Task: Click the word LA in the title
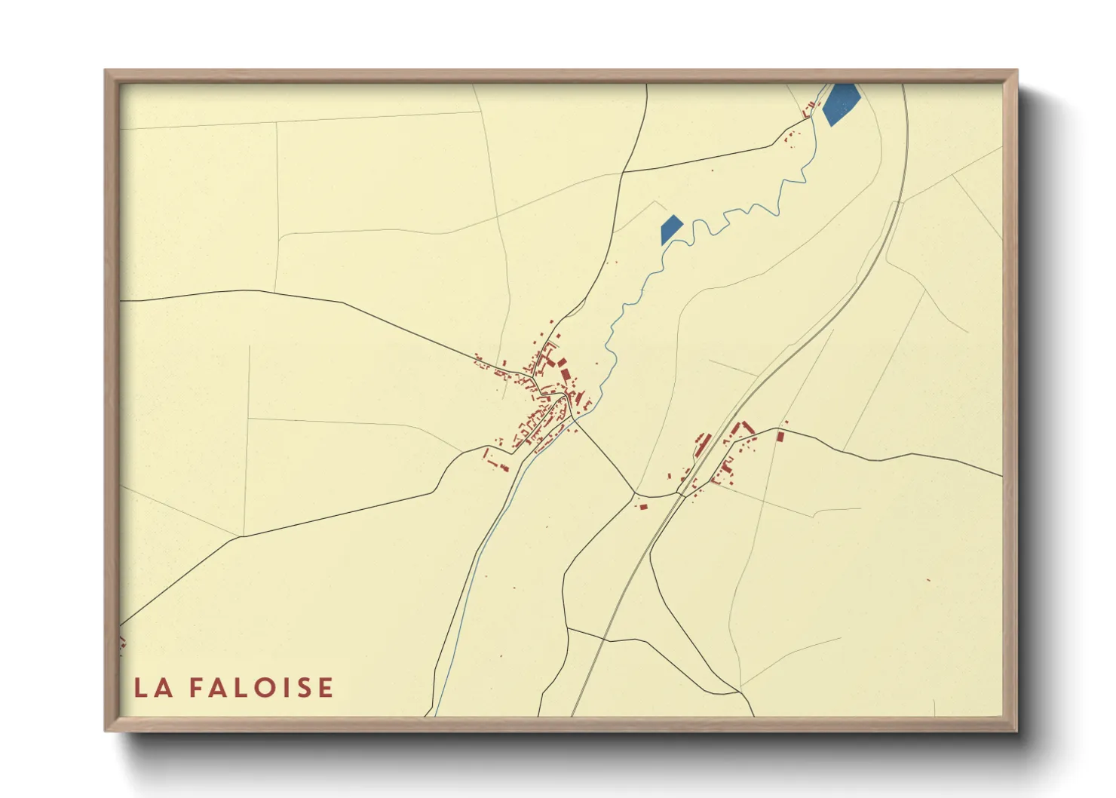click(x=153, y=688)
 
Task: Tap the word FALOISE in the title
click(x=261, y=688)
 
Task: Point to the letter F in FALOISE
click(x=195, y=688)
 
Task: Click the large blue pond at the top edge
click(x=840, y=103)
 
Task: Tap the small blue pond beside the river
click(x=670, y=229)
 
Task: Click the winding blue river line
click(x=724, y=219)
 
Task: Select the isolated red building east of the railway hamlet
click(x=780, y=436)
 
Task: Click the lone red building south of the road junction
click(x=643, y=506)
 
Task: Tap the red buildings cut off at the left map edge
click(x=121, y=642)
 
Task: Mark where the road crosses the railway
click(x=681, y=495)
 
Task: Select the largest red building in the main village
click(x=566, y=374)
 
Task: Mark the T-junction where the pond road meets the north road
click(x=621, y=172)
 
